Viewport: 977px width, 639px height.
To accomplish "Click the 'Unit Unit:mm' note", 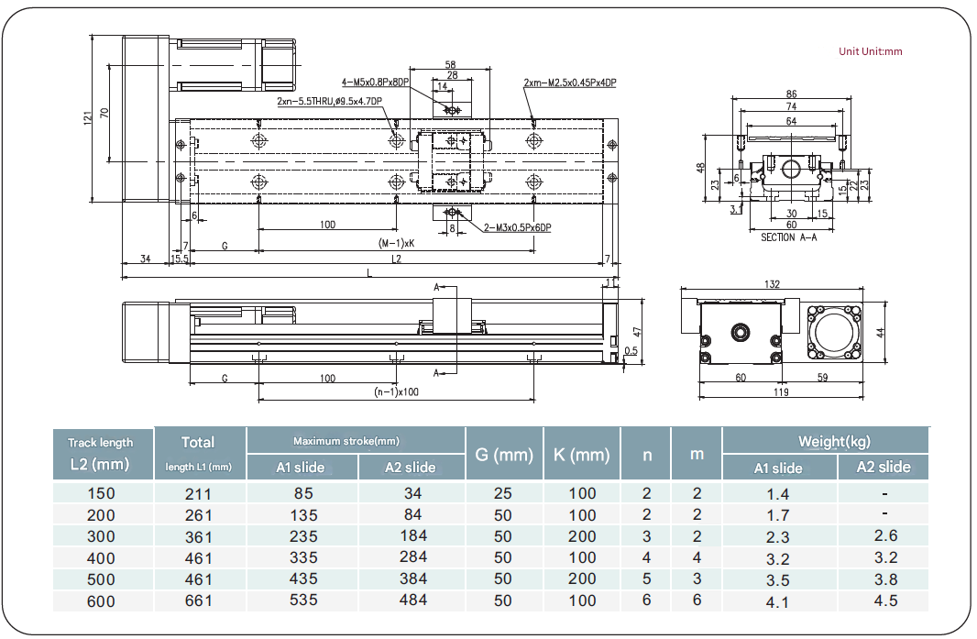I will click(x=870, y=51).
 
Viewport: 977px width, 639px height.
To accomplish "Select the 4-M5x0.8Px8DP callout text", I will click(x=375, y=82).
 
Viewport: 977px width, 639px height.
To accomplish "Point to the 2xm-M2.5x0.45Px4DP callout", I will click(x=570, y=83).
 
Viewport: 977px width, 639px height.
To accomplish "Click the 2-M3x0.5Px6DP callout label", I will click(x=518, y=227).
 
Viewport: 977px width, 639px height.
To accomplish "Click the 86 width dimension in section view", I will click(x=791, y=94).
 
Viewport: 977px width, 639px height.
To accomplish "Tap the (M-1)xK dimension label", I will click(x=396, y=244).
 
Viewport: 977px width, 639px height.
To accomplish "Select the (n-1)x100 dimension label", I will click(x=396, y=391).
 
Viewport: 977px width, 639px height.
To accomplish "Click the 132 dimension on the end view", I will click(x=771, y=285).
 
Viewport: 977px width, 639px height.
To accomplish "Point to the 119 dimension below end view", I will click(x=781, y=391).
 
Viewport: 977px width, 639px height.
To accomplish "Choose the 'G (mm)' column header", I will click(x=503, y=454).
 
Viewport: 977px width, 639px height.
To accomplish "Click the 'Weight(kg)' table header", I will click(x=826, y=441).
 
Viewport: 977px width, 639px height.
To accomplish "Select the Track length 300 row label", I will click(x=101, y=536).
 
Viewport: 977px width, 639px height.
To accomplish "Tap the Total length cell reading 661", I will click(x=198, y=600).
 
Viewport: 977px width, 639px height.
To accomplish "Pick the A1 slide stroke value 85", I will click(x=302, y=493).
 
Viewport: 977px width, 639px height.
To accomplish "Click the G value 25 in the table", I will click(x=503, y=493).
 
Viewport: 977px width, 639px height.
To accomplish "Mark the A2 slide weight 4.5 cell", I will click(x=884, y=600).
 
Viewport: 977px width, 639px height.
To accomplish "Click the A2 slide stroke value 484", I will click(x=413, y=600).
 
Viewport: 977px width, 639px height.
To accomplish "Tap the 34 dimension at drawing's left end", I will click(x=146, y=259).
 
